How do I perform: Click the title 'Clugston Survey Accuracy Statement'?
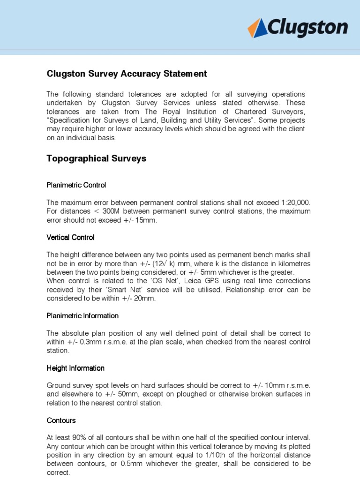pyautogui.click(x=127, y=74)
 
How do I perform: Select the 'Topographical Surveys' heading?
pyautogui.click(x=96, y=158)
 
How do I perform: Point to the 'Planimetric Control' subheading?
pyautogui.click(x=76, y=185)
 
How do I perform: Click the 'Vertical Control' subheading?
pyautogui.click(x=70, y=237)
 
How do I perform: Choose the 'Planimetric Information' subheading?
pyautogui.click(x=82, y=315)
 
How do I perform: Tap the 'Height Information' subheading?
pyautogui.click(x=75, y=368)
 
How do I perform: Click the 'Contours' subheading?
pyautogui.click(x=61, y=420)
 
